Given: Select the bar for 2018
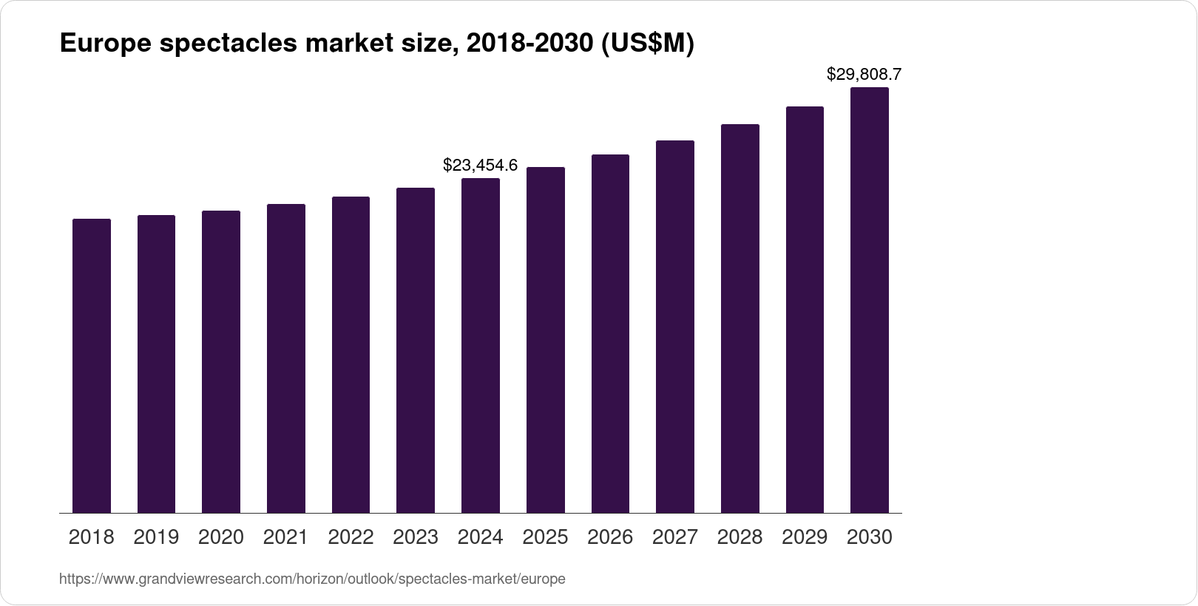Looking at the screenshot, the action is tap(92, 366).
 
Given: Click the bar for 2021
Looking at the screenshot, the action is tap(286, 358).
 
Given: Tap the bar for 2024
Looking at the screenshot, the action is tap(481, 346).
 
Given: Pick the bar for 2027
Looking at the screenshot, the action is tap(675, 327).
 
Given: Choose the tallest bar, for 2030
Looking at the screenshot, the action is tap(870, 300).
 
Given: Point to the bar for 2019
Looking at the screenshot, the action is tap(156, 364).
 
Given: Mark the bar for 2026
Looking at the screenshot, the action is tap(610, 334).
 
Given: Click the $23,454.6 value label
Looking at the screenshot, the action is tap(480, 165).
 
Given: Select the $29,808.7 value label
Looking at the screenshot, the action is tap(864, 74).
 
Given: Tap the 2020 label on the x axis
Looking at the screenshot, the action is tap(221, 537).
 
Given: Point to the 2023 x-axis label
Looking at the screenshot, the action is tap(416, 537).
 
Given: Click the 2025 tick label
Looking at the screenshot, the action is tap(545, 537).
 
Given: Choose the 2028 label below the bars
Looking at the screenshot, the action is tap(740, 537).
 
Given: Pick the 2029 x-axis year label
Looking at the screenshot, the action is tap(805, 537).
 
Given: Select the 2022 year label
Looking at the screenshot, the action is tap(351, 537).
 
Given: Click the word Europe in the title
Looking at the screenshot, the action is tap(106, 43).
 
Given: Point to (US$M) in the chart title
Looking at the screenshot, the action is tap(648, 44).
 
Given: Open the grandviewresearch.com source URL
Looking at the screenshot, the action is tap(312, 579).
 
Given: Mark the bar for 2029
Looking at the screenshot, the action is tap(805, 310).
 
